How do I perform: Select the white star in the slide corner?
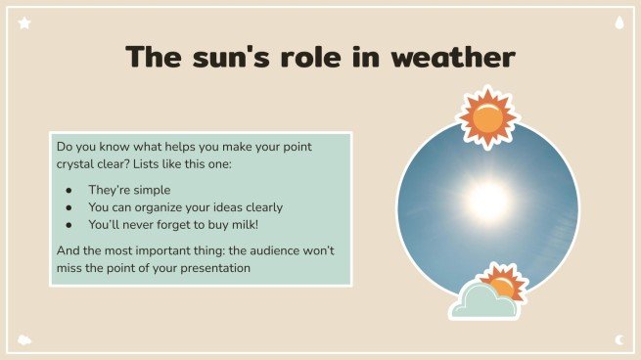pyautogui.click(x=24, y=22)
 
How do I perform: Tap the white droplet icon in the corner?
pyautogui.click(x=618, y=22)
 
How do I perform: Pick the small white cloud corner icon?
pyautogui.click(x=24, y=339)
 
